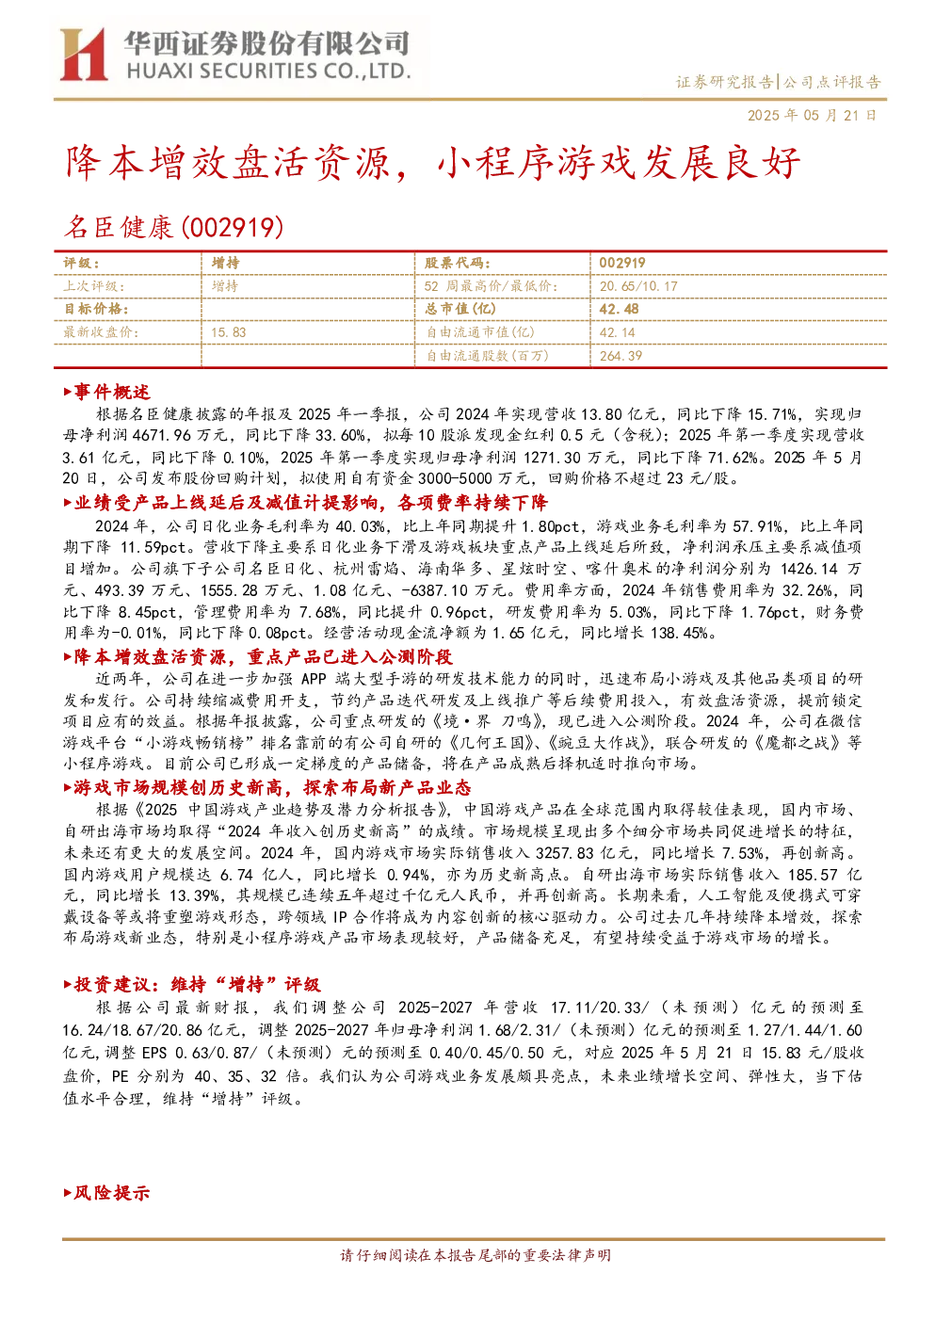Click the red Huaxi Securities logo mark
[x=84, y=54]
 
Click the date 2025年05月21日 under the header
[x=813, y=115]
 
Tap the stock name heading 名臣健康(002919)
[x=173, y=227]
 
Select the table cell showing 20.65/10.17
[x=638, y=286]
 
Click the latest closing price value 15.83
[x=229, y=332]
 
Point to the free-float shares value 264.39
[x=621, y=356]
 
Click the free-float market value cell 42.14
[x=618, y=332]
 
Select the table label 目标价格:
[x=96, y=309]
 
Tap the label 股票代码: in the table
[x=458, y=263]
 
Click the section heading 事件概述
[x=106, y=392]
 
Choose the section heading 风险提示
[x=106, y=1193]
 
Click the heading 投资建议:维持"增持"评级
[x=192, y=984]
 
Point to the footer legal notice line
[x=476, y=1255]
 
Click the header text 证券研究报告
[x=724, y=82]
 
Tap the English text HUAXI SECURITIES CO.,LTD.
[x=268, y=71]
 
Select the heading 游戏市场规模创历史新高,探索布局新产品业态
[x=266, y=788]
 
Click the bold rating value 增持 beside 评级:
[x=225, y=263]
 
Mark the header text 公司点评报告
[x=832, y=82]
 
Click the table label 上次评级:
[x=94, y=286]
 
